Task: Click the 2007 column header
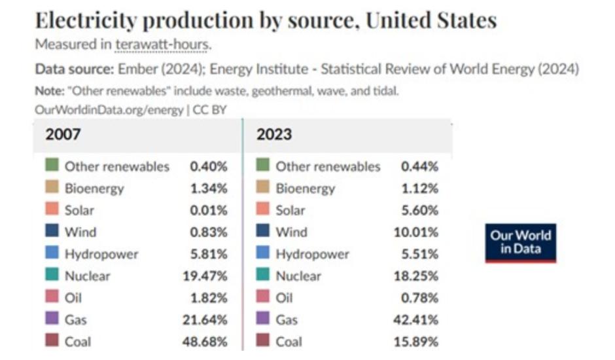point(63,135)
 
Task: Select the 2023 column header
point(274,135)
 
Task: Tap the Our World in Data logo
point(521,243)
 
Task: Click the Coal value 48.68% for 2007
point(205,342)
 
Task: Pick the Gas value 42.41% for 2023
point(417,320)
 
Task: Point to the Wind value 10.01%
point(417,232)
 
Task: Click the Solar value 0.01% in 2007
point(208,210)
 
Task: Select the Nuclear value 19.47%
point(205,276)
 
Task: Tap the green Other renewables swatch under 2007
point(52,166)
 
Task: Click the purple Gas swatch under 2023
point(264,319)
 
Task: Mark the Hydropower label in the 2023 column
point(312,254)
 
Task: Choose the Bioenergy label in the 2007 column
point(94,189)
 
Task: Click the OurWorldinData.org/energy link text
point(109,110)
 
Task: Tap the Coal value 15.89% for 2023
point(417,342)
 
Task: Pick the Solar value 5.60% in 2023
point(419,210)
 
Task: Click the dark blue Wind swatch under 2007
point(52,232)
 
